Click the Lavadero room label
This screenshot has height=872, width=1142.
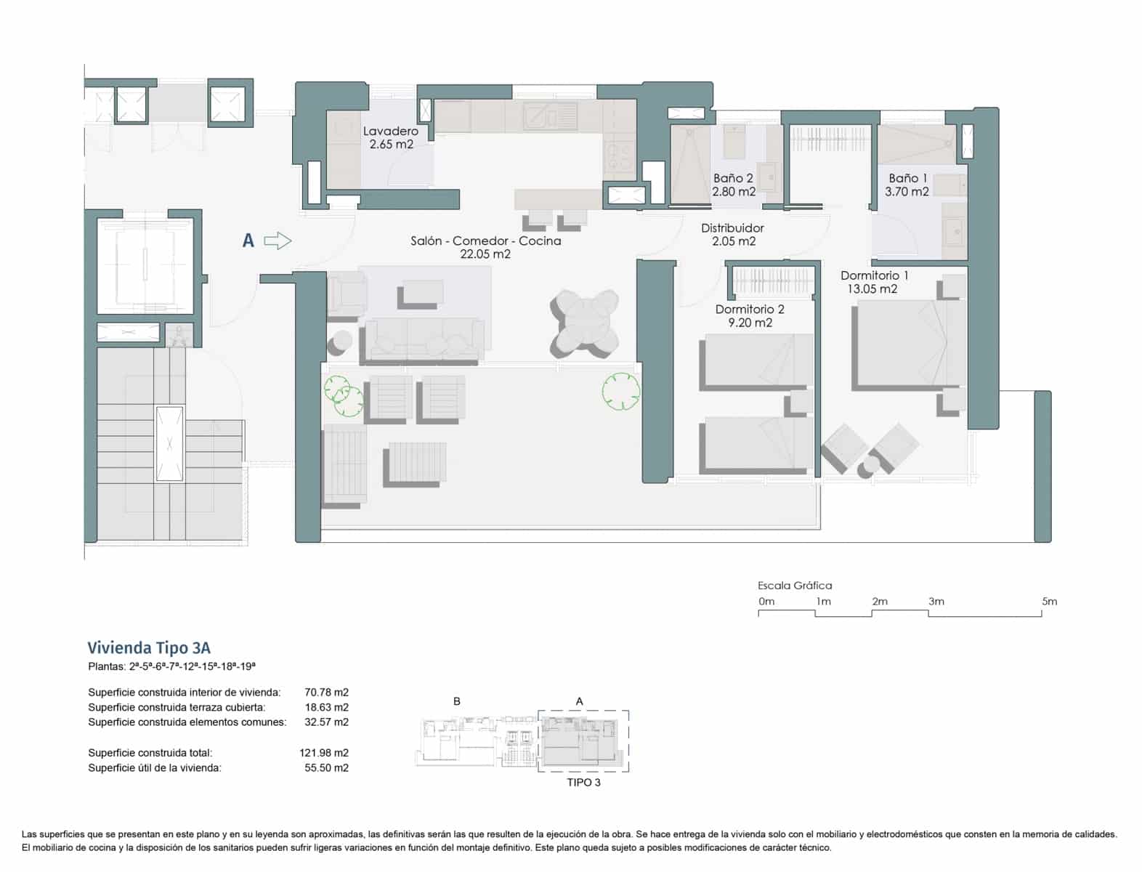[391, 132]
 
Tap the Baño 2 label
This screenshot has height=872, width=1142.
[733, 179]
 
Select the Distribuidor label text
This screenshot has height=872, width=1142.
[732, 228]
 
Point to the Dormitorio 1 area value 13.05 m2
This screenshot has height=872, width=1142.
[872, 289]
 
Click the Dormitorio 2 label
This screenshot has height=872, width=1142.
[750, 310]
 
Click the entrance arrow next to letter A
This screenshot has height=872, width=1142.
[277, 241]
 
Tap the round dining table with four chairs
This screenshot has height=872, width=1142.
[585, 324]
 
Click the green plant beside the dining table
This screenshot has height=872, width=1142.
[620, 392]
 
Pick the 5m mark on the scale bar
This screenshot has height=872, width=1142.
[1049, 602]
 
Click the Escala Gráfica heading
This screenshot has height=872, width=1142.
[795, 586]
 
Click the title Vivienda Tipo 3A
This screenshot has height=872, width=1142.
[149, 648]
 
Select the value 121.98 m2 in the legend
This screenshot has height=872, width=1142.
[324, 753]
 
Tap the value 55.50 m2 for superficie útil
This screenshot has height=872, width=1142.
[326, 768]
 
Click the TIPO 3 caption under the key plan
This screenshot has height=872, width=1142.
[583, 783]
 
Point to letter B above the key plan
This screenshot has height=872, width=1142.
[457, 701]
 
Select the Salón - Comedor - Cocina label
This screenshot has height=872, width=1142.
[485, 241]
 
